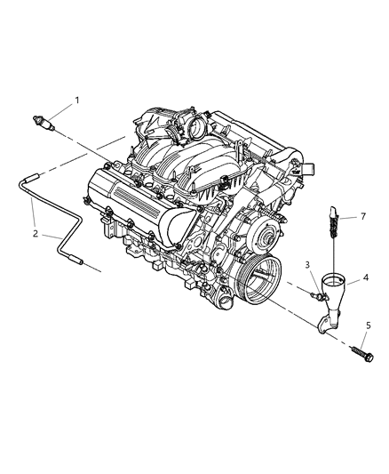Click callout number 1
click(76, 100)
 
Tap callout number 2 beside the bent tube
click(35, 236)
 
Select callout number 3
click(306, 265)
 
